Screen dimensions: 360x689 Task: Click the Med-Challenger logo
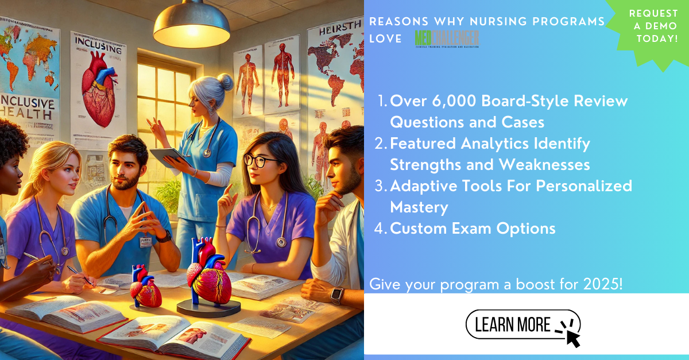point(447,39)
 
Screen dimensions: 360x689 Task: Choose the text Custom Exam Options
point(473,229)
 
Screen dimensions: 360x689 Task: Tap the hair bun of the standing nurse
point(225,82)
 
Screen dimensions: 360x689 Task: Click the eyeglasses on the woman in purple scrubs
point(261,161)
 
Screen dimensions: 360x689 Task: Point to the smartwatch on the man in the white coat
point(337,295)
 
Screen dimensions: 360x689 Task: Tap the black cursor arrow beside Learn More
point(571,336)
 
